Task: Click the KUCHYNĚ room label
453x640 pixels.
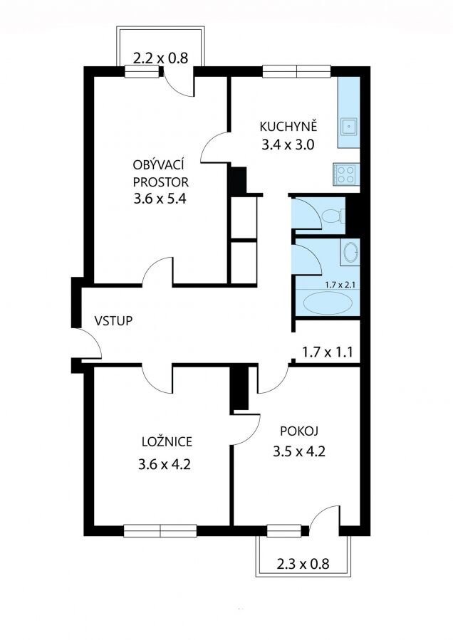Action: click(288, 126)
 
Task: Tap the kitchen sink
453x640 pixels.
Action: click(349, 127)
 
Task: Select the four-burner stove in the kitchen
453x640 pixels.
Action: click(345, 174)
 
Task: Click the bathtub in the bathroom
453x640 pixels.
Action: click(328, 303)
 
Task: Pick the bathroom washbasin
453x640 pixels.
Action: click(350, 253)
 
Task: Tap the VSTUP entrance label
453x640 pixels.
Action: click(113, 321)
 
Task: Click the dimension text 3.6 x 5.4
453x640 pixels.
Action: click(160, 199)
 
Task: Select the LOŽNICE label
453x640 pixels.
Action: click(167, 441)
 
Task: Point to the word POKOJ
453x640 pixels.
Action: click(299, 431)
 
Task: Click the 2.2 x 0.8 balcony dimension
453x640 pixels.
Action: click(160, 58)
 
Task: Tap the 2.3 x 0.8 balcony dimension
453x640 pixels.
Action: click(303, 564)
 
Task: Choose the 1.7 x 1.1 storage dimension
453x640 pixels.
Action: click(327, 352)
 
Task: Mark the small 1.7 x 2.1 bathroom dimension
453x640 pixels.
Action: click(339, 285)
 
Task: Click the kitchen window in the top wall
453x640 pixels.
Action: click(296, 71)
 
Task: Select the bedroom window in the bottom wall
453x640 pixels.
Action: click(160, 530)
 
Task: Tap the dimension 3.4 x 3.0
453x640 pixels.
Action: click(288, 145)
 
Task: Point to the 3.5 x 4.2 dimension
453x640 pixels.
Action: click(299, 452)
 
